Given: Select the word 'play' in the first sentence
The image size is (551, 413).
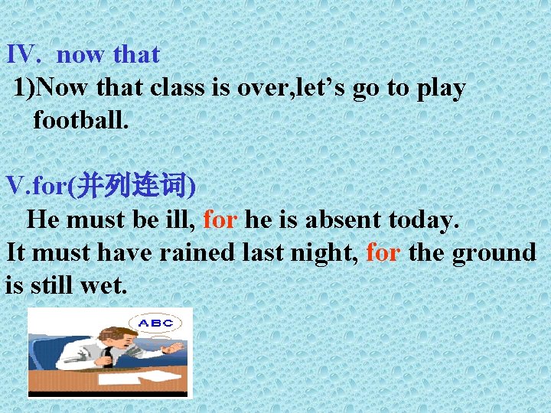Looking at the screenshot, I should pos(441,89).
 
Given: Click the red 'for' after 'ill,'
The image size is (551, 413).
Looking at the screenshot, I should pos(220,220).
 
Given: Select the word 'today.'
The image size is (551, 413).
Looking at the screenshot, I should pos(424,220).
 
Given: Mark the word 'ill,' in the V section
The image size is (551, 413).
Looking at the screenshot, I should pos(178,220).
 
